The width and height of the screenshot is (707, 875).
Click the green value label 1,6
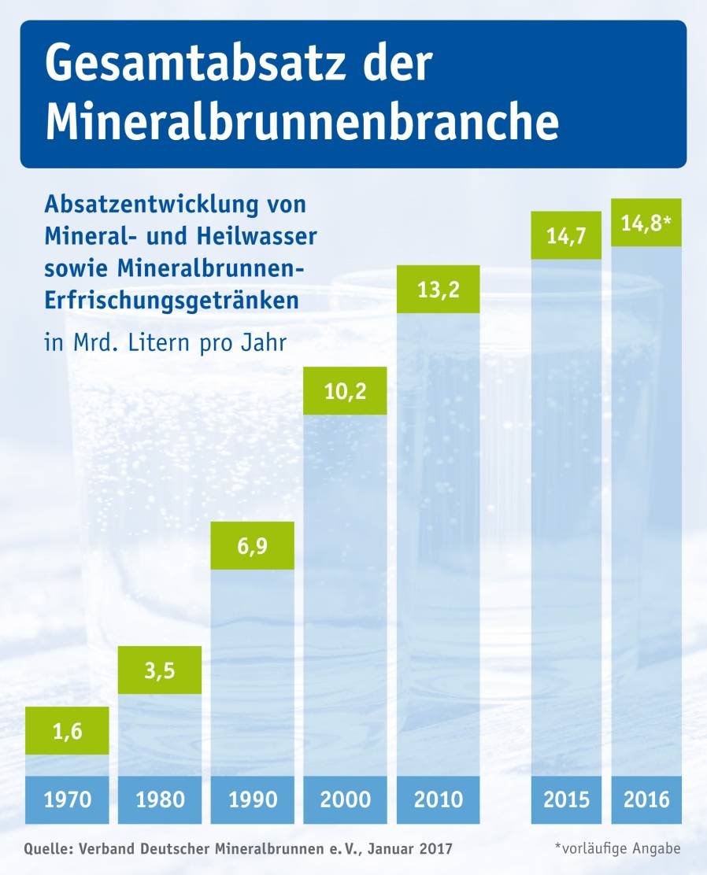point(67,730)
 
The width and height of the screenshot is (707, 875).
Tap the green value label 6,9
point(252,545)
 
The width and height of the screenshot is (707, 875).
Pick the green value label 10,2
point(345,390)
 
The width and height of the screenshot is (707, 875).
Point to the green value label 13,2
point(438,290)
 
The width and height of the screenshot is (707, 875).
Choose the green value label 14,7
point(567,235)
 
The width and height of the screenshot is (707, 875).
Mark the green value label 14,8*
point(646,223)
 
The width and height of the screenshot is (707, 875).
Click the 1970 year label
point(67,799)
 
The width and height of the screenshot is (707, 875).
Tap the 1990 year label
point(252,799)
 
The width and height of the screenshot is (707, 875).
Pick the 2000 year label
point(345,799)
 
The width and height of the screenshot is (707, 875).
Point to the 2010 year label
point(438,799)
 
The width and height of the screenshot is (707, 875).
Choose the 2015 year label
point(567,799)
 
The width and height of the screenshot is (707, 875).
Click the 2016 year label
point(646,799)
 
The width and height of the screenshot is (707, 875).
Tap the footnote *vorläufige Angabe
point(617,848)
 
